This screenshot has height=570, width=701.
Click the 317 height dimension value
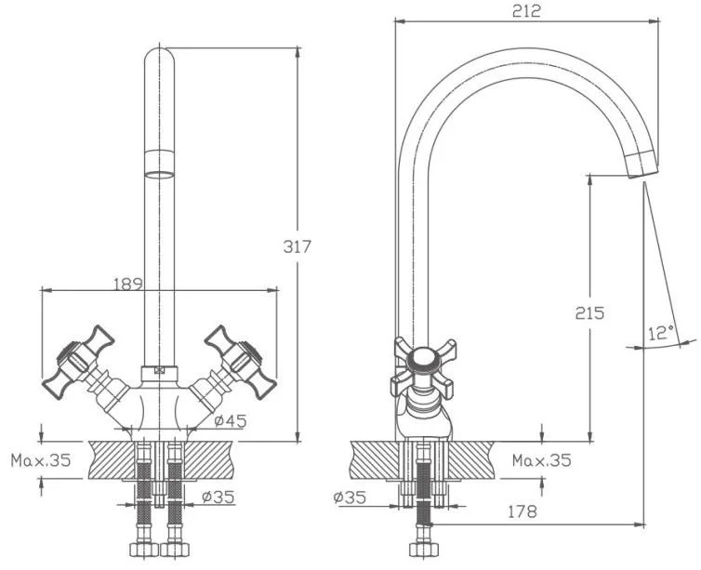(298, 246)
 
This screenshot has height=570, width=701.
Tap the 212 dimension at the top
(526, 11)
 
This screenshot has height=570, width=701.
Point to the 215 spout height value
(589, 312)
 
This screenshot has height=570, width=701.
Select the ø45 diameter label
(231, 421)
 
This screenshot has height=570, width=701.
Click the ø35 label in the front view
(218, 497)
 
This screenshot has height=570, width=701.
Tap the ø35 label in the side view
(350, 497)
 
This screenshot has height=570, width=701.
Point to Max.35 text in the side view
(542, 459)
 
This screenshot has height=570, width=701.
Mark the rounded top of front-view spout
(161, 58)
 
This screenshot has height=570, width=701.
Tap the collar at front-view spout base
(161, 374)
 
